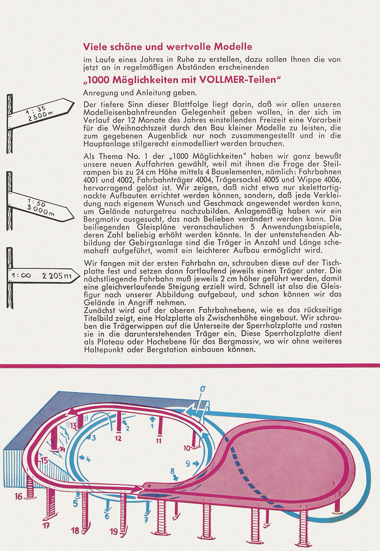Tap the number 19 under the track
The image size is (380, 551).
[114, 531]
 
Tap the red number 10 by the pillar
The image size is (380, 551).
[186, 448]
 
